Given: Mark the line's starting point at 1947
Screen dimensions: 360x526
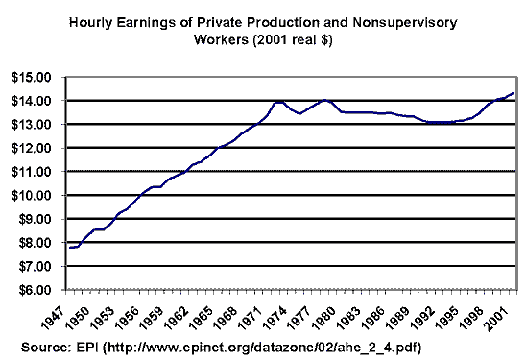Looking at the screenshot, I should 69,248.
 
